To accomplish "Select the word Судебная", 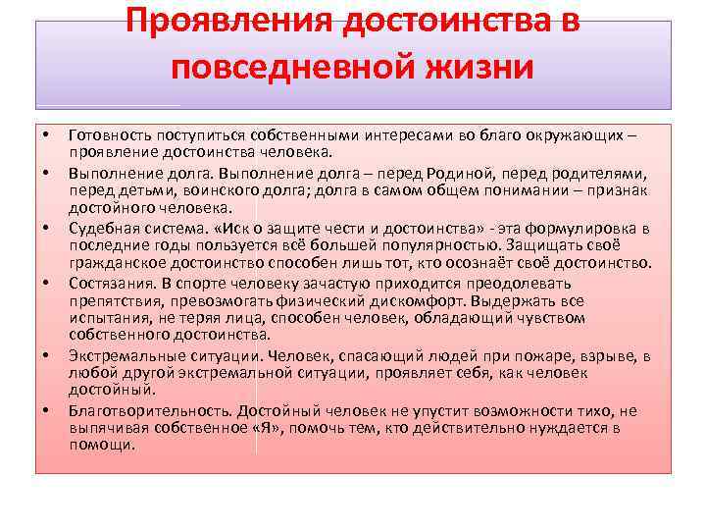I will (102, 227).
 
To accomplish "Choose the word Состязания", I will (107, 282).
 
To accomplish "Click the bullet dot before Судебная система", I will (45, 228).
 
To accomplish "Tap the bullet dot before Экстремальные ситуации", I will (45, 355).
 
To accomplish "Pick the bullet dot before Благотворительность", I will (45, 410).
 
